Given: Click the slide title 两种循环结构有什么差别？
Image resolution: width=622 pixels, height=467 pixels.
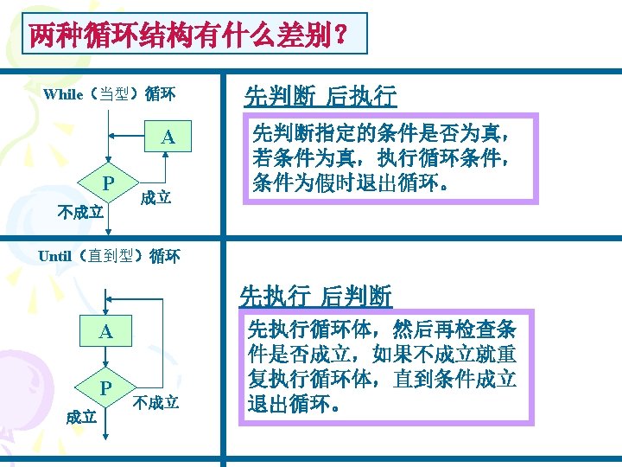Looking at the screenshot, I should tap(188, 35).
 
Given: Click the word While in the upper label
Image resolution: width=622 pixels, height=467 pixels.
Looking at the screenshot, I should tap(64, 94).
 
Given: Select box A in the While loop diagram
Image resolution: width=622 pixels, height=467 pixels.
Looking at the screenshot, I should tap(168, 138).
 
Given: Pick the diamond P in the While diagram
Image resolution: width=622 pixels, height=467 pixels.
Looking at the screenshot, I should tap(107, 183).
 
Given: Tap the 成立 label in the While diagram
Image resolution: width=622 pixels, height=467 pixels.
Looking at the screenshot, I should tap(155, 198).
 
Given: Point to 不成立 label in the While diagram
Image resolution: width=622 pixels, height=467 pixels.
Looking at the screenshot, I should tap(79, 212).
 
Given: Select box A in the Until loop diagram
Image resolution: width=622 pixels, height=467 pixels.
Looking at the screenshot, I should tap(105, 331).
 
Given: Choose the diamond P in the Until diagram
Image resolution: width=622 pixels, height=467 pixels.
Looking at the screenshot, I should tap(105, 387).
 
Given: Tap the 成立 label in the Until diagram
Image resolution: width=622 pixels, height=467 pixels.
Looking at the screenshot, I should tap(81, 417).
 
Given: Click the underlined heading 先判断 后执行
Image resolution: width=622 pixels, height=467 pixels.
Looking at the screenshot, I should tap(321, 95).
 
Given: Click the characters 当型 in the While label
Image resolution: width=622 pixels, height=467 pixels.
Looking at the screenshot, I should tap(115, 94).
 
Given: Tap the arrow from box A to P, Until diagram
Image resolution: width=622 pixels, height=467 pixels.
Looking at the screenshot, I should tap(105, 360).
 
